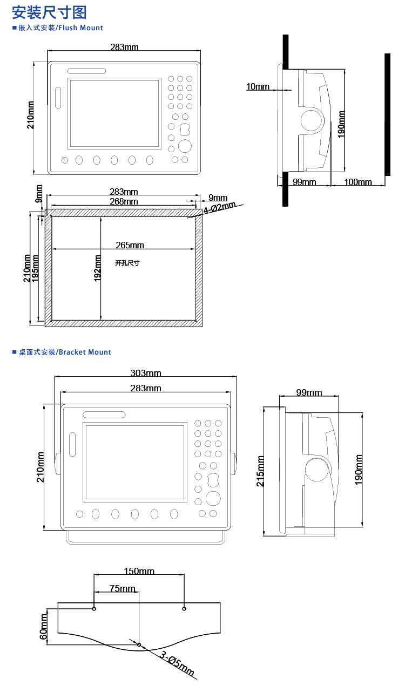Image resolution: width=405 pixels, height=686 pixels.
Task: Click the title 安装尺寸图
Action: [49, 12]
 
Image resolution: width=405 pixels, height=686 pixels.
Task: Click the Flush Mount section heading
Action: [58, 28]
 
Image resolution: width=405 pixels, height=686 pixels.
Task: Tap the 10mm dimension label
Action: [258, 87]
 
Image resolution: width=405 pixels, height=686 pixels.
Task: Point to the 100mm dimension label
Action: [358, 182]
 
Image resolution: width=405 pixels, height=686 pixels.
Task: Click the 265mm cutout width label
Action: [130, 245]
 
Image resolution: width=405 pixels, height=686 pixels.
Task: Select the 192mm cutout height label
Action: [97, 268]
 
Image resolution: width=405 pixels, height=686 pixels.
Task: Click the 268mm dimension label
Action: [124, 201]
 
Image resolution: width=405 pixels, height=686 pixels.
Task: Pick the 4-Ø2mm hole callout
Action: [220, 208]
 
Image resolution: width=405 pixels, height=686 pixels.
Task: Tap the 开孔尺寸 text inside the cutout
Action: [127, 263]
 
